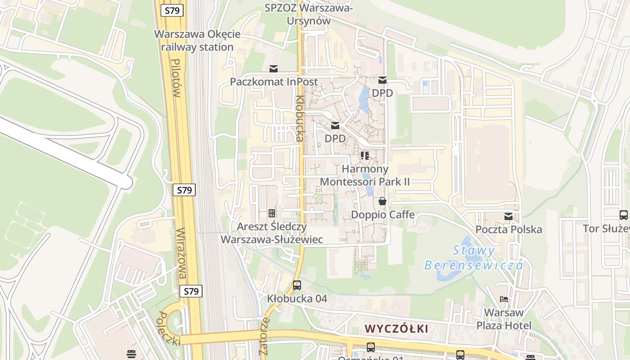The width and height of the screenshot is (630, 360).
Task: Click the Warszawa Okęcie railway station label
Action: click(x=197, y=40)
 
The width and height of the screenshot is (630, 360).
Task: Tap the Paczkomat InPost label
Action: click(x=274, y=82)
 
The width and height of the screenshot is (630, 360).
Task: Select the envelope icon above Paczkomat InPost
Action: click(x=273, y=69)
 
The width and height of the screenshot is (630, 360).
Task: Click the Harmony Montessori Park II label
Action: click(x=364, y=175)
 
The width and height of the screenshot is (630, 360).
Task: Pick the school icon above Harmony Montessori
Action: click(x=365, y=156)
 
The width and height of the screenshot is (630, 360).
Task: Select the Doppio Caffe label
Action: click(x=382, y=215)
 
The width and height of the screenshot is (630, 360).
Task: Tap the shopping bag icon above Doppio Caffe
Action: click(x=382, y=201)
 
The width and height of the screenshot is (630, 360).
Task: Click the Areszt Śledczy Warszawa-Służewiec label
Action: click(x=271, y=233)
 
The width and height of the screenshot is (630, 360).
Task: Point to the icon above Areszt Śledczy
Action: click(x=271, y=213)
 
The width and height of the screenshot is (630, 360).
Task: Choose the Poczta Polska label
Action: click(x=508, y=229)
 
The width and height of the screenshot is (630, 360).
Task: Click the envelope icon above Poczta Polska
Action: click(x=508, y=216)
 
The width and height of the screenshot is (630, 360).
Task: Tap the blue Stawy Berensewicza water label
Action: click(x=474, y=258)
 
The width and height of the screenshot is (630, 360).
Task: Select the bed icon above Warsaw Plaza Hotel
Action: click(x=504, y=299)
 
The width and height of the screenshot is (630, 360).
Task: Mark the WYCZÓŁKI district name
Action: click(x=396, y=328)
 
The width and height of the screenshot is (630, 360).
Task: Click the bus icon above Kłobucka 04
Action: click(x=297, y=285)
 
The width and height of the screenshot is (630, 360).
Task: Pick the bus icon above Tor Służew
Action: click(x=623, y=215)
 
